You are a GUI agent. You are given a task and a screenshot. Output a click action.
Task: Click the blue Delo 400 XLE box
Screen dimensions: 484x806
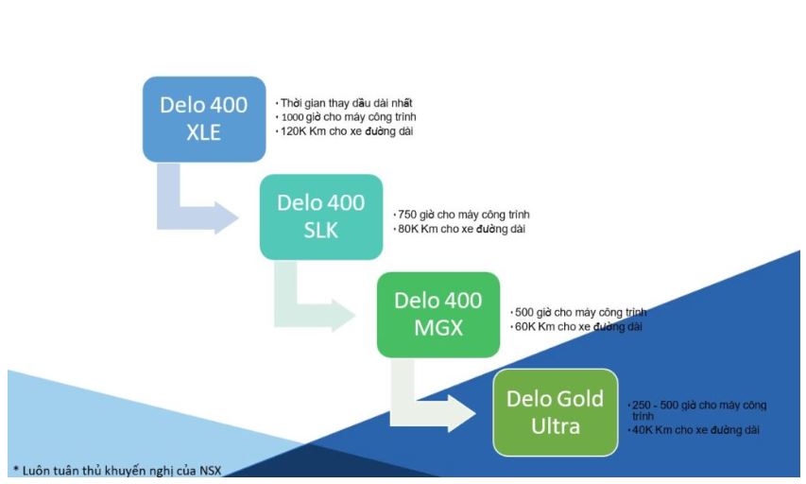203,119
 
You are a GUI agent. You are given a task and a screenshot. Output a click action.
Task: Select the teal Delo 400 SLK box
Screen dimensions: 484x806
321,216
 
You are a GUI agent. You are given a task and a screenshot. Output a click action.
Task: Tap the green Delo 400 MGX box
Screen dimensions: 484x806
437,314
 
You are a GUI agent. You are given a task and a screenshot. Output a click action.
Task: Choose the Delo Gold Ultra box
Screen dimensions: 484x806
556,412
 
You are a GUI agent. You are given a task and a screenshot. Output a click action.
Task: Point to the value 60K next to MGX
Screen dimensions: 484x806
523,327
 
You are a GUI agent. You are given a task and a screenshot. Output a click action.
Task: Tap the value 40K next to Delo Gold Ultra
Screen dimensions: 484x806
641,431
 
